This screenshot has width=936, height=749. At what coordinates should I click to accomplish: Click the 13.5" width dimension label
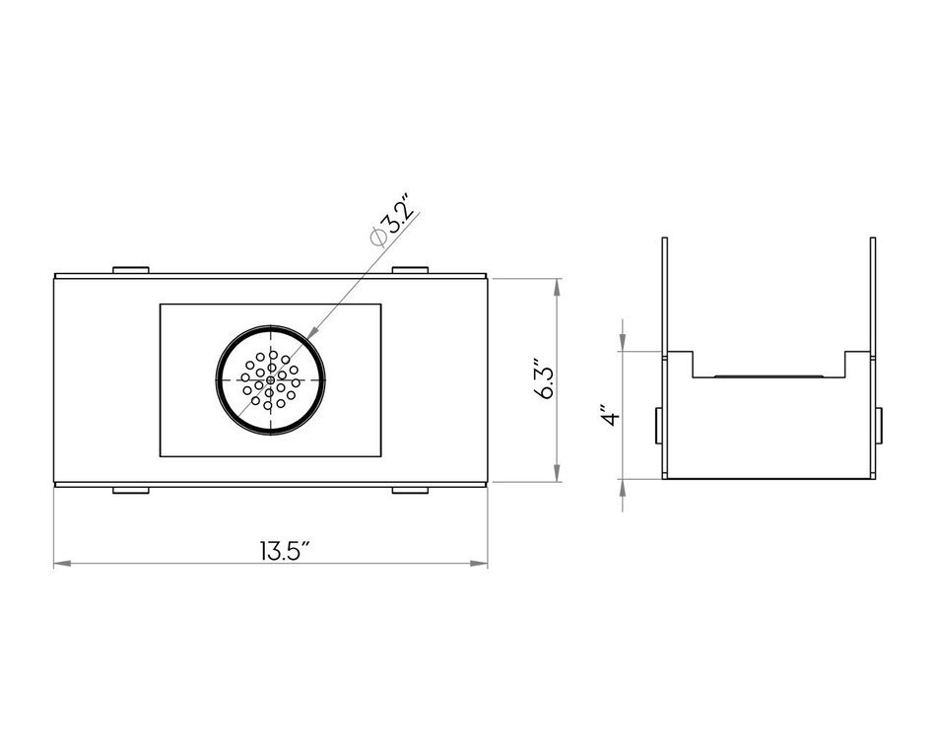pos(285,551)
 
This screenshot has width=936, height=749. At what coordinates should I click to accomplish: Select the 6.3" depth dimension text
pos(544,379)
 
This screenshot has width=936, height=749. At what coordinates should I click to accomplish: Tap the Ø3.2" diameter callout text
pos(391,220)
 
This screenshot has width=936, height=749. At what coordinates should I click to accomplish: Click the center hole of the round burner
pos(270,379)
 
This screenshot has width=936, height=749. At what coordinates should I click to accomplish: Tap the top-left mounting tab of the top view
pos(131,270)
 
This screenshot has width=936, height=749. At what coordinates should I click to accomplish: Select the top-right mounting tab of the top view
pos(410,270)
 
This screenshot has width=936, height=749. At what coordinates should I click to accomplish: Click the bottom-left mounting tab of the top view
pos(131,491)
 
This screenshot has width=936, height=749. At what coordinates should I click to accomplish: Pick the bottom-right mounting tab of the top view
pos(410,491)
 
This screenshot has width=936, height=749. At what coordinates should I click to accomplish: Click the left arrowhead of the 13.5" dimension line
pos(62,564)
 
